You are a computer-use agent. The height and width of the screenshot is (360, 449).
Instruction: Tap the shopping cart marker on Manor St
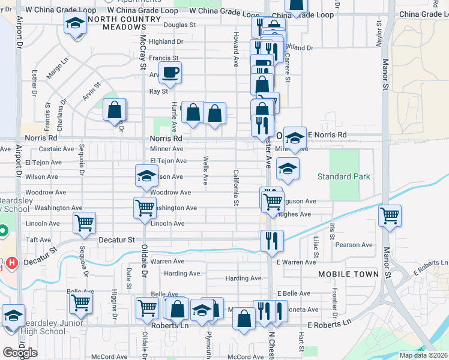pyautogui.click(x=390, y=216)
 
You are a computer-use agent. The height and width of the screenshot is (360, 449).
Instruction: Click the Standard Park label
pyautogui.click(x=344, y=176)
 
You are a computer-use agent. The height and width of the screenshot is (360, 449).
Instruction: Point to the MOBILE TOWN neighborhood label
pyautogui.click(x=349, y=274)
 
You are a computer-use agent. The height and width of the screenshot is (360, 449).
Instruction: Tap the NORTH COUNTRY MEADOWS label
pyautogui.click(x=125, y=23)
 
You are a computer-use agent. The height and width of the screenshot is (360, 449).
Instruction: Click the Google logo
pyautogui.click(x=20, y=353)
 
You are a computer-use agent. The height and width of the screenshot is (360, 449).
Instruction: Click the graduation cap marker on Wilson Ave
pyautogui.click(x=146, y=176)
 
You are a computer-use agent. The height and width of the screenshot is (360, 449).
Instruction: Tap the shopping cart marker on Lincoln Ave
pyautogui.click(x=84, y=223)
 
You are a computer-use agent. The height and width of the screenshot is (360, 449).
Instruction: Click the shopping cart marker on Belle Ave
pyautogui.click(x=80, y=302)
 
